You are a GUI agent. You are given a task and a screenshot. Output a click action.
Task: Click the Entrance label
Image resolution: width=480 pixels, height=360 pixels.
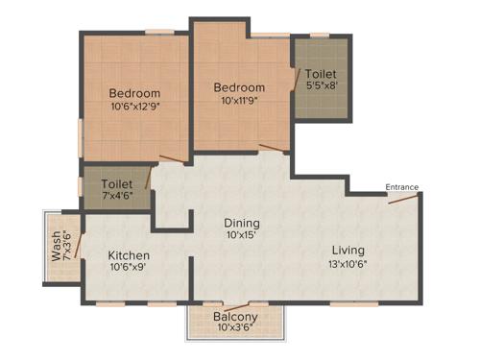point(401,186)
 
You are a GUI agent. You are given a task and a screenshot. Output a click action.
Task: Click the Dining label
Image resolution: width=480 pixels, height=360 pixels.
point(243,222)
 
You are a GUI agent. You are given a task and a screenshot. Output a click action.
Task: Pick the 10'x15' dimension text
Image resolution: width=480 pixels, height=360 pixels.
point(243,234)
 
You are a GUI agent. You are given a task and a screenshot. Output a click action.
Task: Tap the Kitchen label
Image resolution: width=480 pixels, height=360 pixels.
point(128,255)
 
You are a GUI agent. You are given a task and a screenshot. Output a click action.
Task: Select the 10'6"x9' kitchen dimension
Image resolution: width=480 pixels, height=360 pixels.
point(128,269)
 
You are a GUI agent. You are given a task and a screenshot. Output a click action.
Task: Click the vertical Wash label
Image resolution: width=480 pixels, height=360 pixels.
point(56,252)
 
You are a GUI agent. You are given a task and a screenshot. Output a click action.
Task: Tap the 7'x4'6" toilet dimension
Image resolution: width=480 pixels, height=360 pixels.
point(118,195)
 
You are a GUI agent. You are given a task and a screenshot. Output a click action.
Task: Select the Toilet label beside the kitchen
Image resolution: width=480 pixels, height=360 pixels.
point(118,182)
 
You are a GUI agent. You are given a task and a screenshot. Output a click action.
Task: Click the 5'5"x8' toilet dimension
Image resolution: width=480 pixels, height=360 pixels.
point(322,84)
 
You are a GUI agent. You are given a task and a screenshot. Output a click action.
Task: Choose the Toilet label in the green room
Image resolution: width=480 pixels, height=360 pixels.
point(322,72)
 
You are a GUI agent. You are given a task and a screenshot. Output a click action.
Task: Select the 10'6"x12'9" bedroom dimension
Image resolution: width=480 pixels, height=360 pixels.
point(134,106)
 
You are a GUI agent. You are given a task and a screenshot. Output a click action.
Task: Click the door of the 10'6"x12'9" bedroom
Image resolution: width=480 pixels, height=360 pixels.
point(170,158)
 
